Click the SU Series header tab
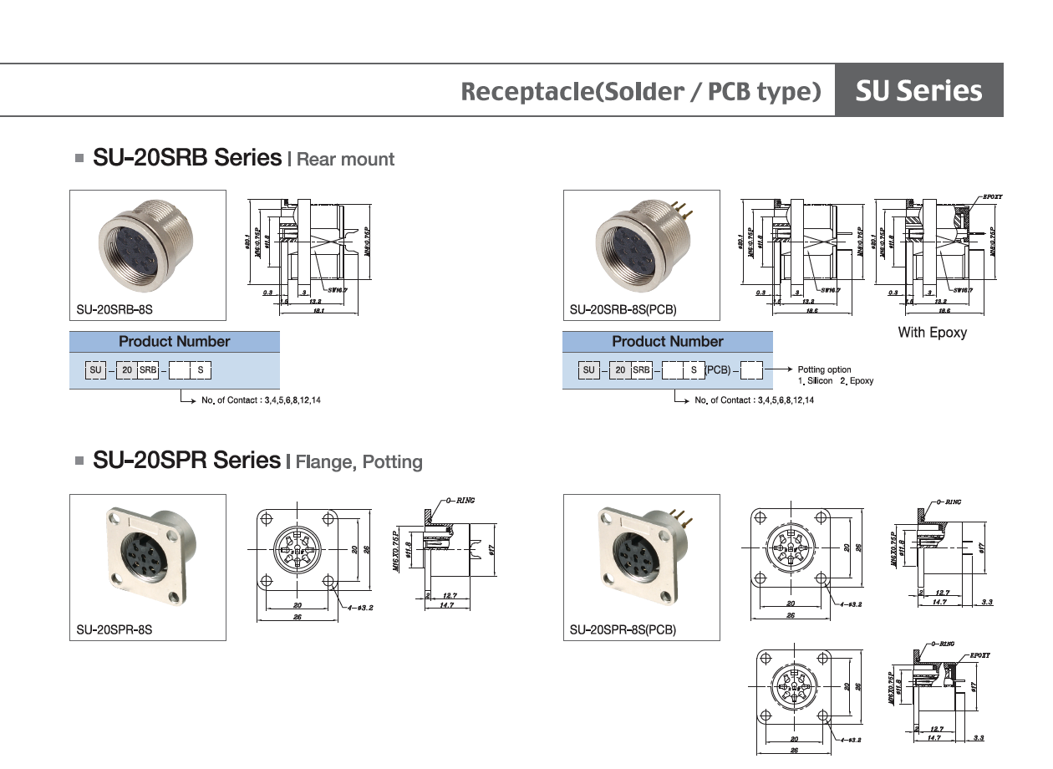tap(918, 90)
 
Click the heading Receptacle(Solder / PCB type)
tap(641, 91)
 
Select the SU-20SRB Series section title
tap(187, 157)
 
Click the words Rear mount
tap(345, 159)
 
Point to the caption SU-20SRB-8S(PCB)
tap(623, 310)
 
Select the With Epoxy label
tap(932, 333)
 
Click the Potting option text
tap(824, 369)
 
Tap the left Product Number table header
tap(174, 342)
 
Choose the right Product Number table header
tap(667, 342)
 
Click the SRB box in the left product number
tap(148, 369)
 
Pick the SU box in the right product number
tap(589, 369)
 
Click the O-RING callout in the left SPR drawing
tap(460, 500)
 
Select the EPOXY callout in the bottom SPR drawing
tap(979, 655)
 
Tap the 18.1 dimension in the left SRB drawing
tap(318, 310)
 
